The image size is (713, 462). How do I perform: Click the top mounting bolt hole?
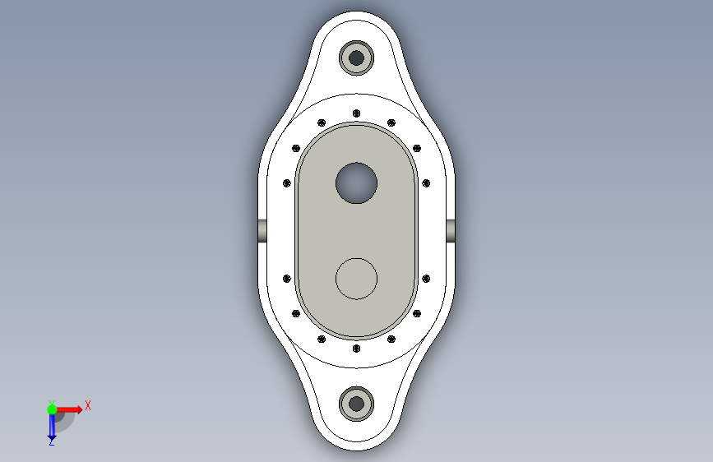tap(357, 58)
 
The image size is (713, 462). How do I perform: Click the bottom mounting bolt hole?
tap(357, 404)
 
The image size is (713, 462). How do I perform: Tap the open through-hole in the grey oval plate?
tap(357, 183)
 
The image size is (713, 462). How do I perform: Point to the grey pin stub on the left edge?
tap(262, 231)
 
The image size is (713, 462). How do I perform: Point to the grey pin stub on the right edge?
tap(451, 231)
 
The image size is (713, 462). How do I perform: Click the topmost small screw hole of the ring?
tap(357, 113)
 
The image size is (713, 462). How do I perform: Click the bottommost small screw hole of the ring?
tap(357, 349)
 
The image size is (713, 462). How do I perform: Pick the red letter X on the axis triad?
tap(88, 405)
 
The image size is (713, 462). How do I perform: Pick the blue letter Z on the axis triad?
tap(52, 441)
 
